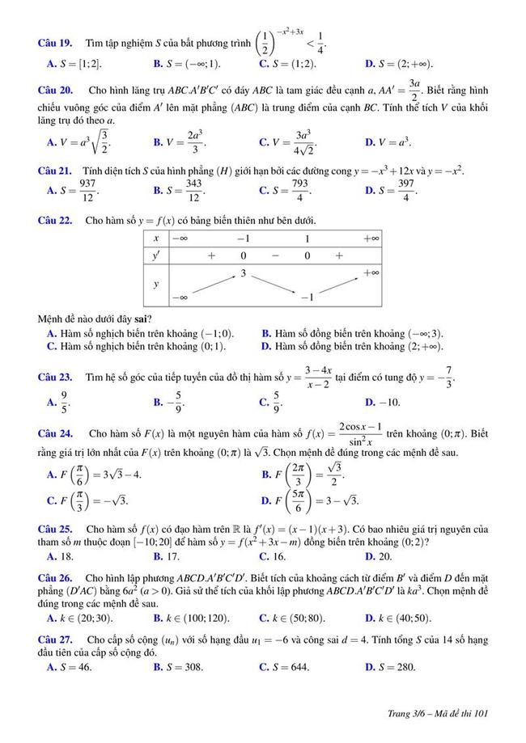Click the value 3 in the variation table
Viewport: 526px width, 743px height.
click(x=243, y=274)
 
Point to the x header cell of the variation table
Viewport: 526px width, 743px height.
click(x=156, y=239)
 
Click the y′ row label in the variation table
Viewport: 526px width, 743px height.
click(x=156, y=255)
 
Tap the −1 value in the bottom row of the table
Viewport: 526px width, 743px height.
click(x=307, y=298)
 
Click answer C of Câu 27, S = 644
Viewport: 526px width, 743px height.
click(x=284, y=667)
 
